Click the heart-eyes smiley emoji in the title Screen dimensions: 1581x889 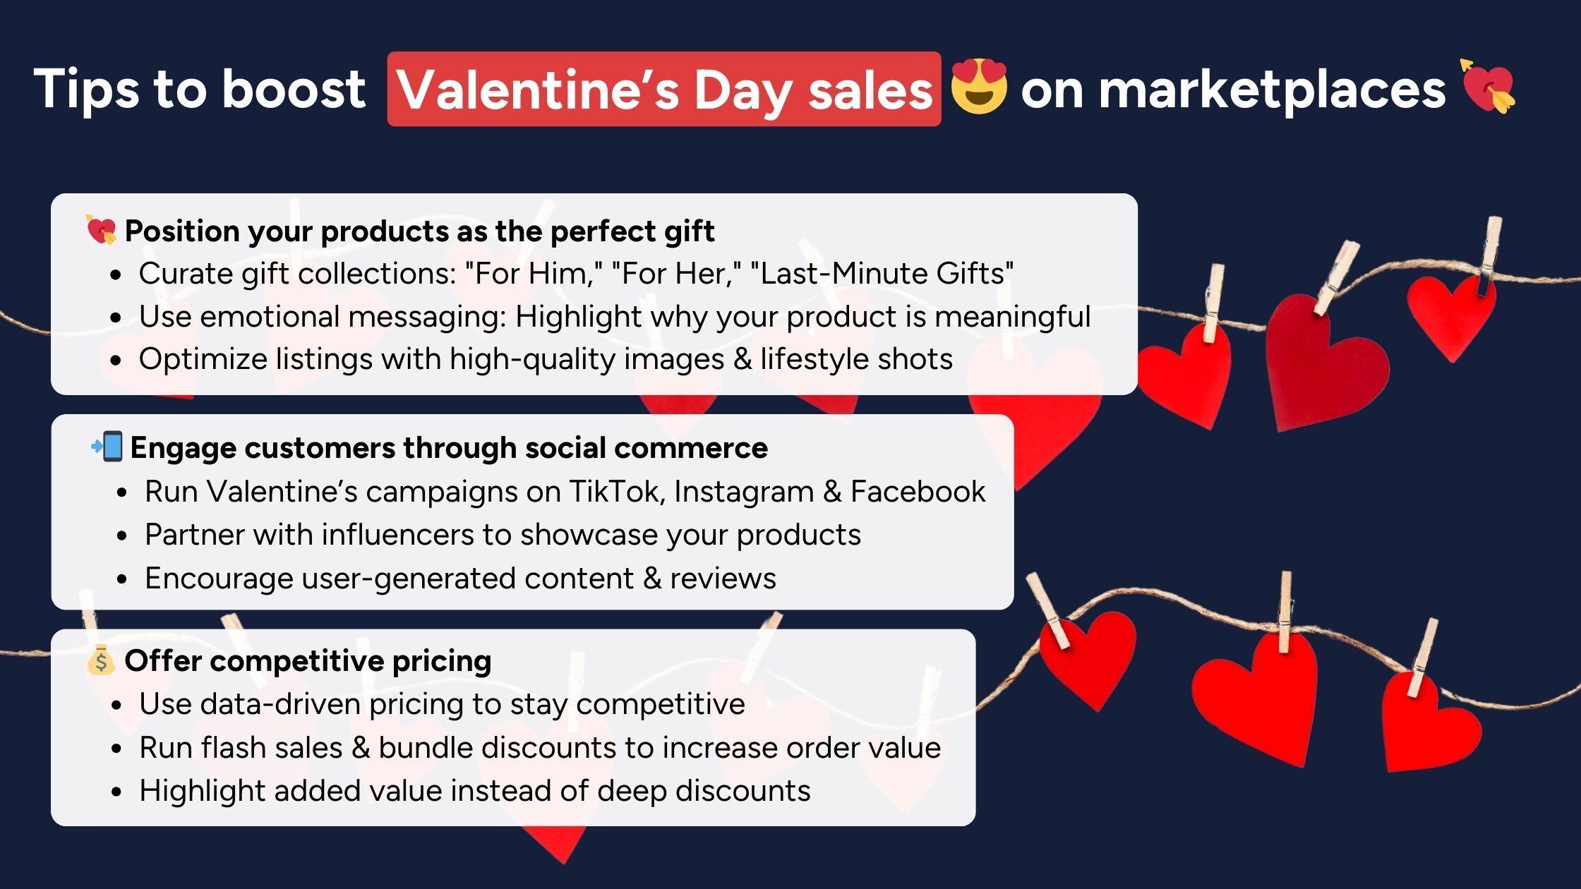click(978, 87)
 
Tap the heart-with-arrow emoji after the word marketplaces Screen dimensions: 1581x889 click(1488, 86)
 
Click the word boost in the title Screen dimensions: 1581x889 click(294, 89)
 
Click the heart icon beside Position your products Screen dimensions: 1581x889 click(101, 230)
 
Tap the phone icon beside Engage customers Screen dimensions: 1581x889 click(107, 447)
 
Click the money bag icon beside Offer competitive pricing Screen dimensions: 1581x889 click(100, 660)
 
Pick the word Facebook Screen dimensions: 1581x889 click(918, 492)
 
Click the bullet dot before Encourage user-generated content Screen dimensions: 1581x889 click(122, 579)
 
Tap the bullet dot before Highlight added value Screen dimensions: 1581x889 click(116, 792)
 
